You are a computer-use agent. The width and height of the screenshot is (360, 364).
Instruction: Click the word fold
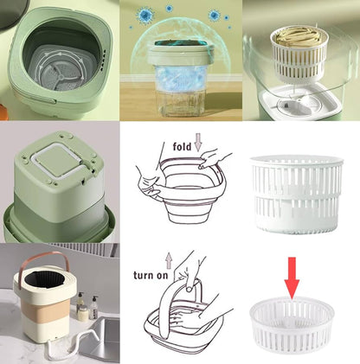182,146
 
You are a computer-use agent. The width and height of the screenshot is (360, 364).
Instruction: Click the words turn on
151,275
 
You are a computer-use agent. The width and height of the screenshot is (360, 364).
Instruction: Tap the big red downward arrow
292,278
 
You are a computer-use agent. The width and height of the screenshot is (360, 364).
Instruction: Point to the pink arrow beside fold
198,142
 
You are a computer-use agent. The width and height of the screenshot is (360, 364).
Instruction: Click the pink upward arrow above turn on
169,260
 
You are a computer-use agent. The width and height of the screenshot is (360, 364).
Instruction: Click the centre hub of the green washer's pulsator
61,76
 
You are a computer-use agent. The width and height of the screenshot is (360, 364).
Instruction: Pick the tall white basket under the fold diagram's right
297,195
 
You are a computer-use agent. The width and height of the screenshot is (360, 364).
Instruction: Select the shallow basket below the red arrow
292,324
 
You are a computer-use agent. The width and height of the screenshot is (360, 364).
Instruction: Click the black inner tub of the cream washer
44,279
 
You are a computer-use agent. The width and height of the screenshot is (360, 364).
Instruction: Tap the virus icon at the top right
215,15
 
